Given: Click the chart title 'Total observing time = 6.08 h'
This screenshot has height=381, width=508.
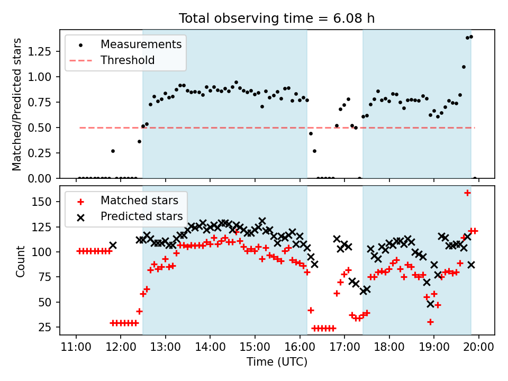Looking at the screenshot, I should tap(277, 19).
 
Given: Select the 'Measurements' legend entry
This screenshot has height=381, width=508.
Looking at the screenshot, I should tap(141, 44).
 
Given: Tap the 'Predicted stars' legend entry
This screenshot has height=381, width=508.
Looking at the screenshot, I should tap(141, 216).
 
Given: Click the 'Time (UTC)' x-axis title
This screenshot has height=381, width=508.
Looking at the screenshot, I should tap(277, 362).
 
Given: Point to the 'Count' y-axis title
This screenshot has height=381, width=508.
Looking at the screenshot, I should tap(21, 261).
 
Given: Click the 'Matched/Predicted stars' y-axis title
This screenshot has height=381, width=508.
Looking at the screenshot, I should tap(17, 104).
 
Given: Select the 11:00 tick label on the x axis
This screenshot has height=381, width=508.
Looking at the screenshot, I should tap(76, 348).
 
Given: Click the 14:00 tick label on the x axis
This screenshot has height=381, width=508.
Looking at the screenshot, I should tap(210, 348).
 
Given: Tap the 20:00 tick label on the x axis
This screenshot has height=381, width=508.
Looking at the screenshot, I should tap(479, 348).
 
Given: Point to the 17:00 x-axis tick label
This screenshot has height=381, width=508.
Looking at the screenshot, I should tap(344, 348).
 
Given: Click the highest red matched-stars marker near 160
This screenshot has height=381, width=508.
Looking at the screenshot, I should tap(467, 193).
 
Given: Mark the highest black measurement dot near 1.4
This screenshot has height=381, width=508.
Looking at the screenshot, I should tap(471, 37).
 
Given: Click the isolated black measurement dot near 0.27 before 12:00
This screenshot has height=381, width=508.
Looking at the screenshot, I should tap(113, 151).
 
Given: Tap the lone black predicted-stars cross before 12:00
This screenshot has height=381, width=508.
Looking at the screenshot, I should tap(113, 246).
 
